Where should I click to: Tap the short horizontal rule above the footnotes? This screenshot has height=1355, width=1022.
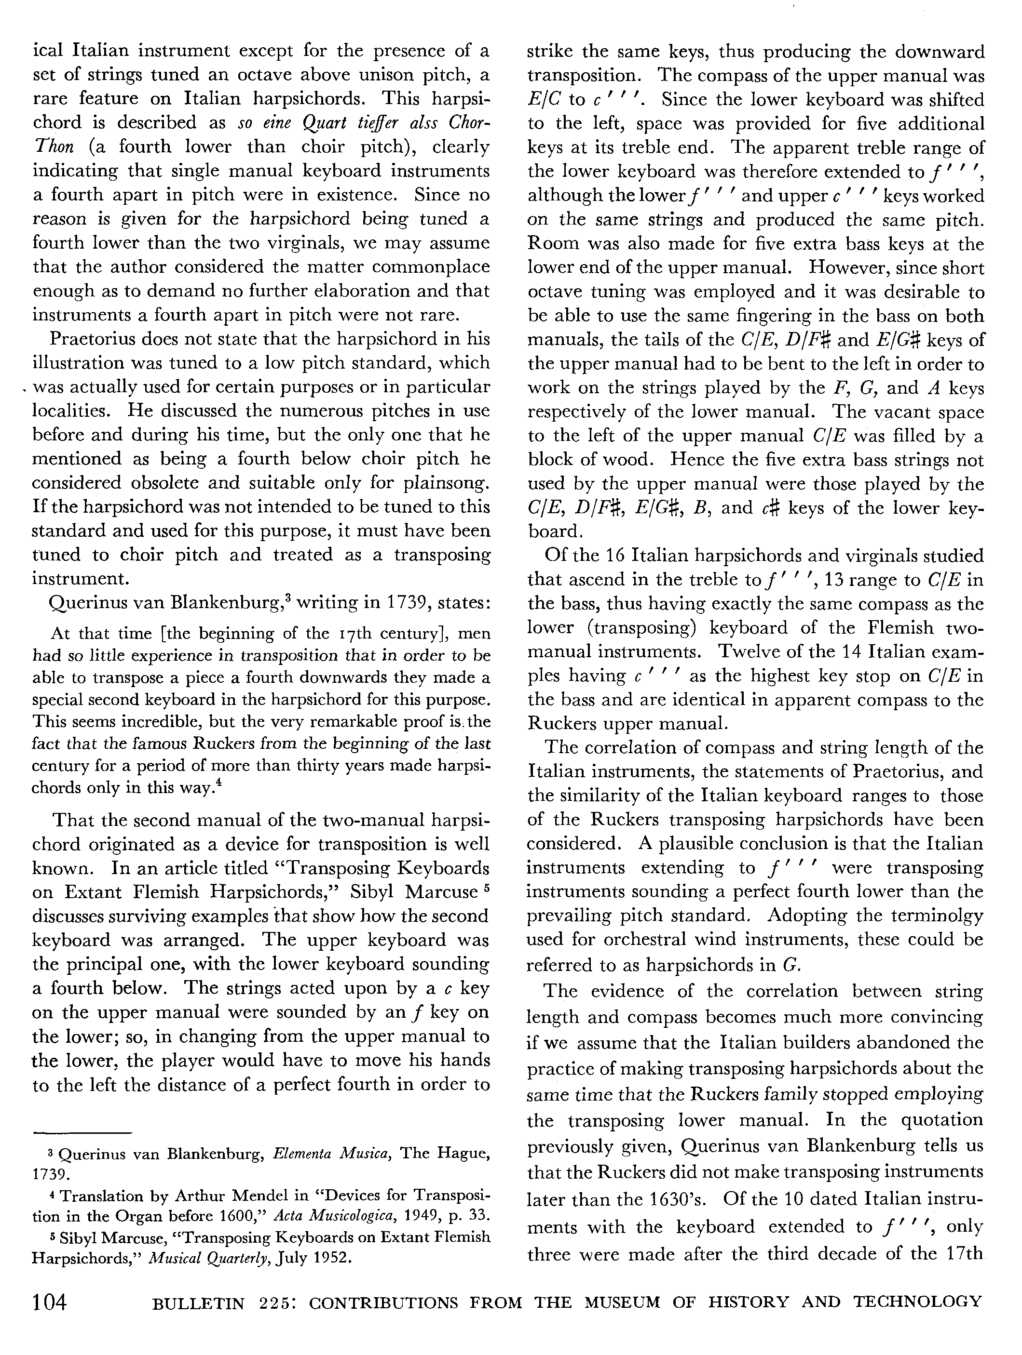(83, 1132)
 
